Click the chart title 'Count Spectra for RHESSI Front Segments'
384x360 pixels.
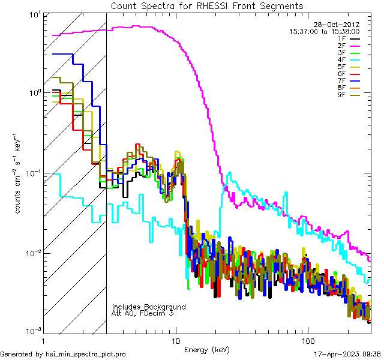[207, 5]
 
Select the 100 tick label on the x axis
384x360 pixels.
[307, 340]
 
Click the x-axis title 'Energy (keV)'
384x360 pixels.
[206, 349]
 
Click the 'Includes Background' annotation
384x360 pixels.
[149, 307]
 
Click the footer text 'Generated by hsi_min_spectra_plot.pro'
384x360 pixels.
[63, 354]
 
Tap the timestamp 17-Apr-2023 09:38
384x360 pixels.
[347, 354]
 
